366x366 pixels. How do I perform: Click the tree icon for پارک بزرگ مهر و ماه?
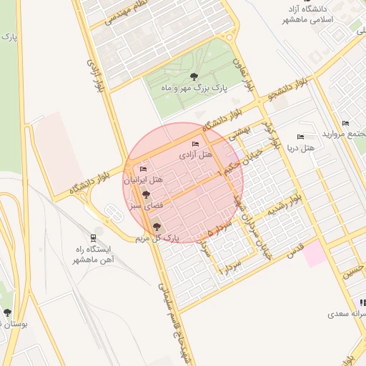point(193,76)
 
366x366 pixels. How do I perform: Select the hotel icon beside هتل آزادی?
point(196,146)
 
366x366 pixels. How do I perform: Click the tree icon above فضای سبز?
point(146,194)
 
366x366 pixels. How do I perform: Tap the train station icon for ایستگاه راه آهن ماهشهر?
point(94,238)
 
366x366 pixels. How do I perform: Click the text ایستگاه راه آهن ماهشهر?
point(94,254)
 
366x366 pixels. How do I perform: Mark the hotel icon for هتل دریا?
point(300,137)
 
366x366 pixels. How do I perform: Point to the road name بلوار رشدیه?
point(285,205)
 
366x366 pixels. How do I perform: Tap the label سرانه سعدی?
point(345,313)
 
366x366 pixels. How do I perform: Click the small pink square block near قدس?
point(315,255)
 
